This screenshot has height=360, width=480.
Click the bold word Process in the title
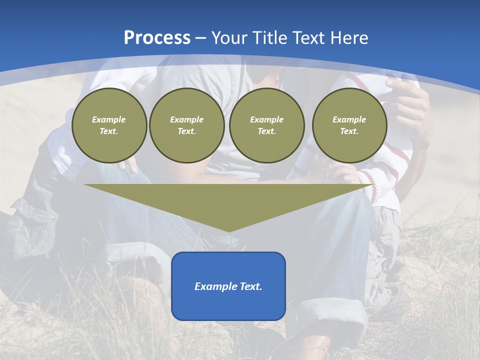coord(157,38)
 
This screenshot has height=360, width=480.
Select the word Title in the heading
coord(269,38)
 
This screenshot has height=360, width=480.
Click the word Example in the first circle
coord(109,119)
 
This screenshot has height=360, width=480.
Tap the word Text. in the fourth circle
coord(349,131)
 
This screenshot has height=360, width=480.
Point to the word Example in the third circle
coord(266,119)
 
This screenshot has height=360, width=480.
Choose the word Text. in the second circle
coord(186,131)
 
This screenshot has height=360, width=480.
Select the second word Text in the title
coord(308,38)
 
